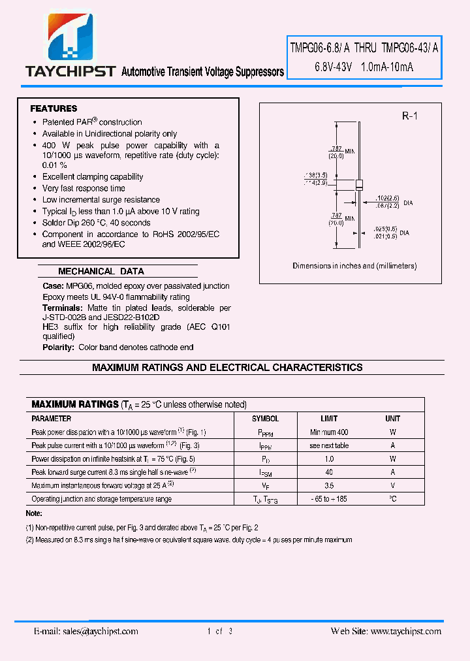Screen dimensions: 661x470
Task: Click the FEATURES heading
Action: [54, 108]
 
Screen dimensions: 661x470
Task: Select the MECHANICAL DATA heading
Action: [101, 271]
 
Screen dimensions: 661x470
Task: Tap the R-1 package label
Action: [409, 116]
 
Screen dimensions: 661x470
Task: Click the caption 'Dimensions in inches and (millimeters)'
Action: [354, 266]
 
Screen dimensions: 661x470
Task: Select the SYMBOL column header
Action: [265, 419]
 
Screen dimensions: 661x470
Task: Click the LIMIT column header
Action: [329, 419]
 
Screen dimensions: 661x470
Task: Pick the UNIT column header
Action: [392, 419]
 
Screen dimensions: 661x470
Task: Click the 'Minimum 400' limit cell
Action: [329, 432]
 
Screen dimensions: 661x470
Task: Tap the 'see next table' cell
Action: [329, 445]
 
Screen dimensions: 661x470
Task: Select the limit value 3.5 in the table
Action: [329, 485]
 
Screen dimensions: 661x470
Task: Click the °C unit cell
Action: [392, 499]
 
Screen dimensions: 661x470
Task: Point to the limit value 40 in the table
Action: [329, 472]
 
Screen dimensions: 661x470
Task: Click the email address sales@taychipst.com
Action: [86, 631]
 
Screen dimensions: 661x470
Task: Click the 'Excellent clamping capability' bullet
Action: [93, 176]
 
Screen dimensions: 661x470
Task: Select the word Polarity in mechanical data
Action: [58, 347]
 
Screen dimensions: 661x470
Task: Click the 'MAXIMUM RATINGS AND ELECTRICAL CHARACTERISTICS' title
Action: [227, 368]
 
